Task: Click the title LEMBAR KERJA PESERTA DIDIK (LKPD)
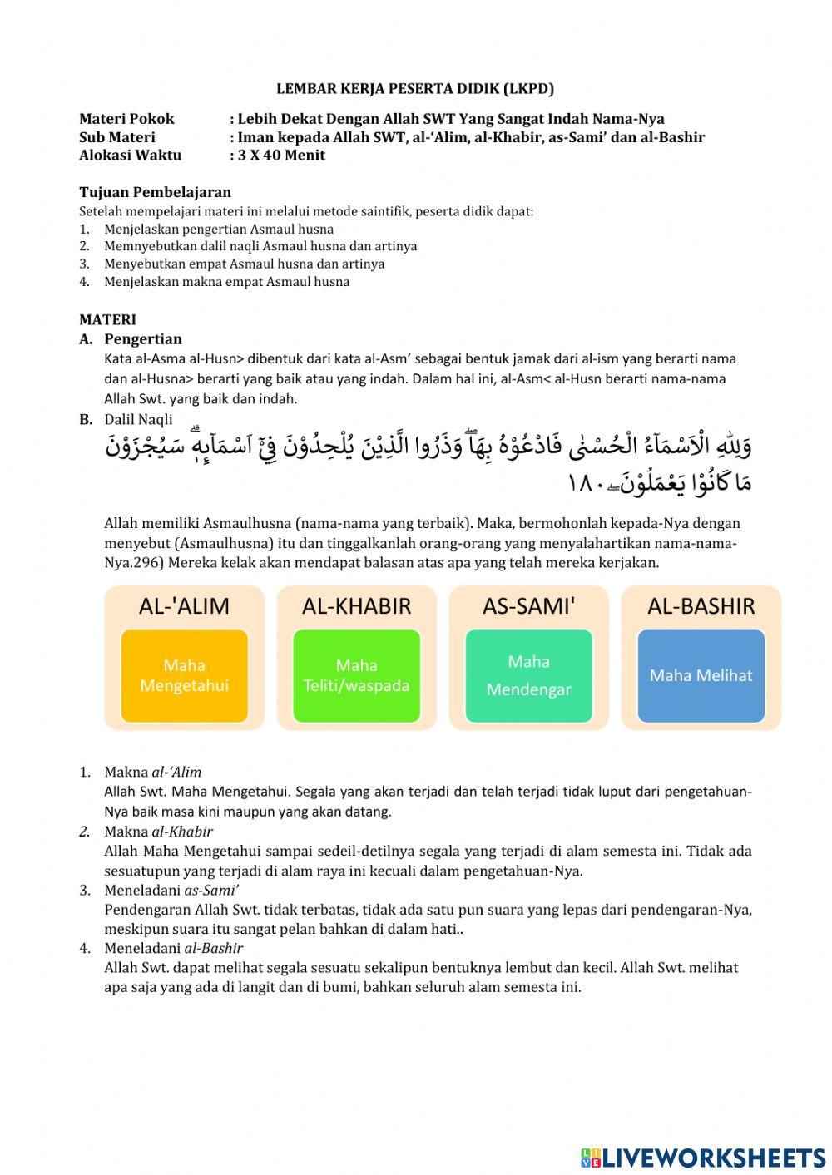[x=414, y=89]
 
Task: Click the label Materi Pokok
[x=126, y=119]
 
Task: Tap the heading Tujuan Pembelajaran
[x=155, y=192]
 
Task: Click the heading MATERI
[x=107, y=319]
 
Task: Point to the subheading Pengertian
[x=142, y=339]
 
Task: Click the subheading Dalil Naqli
[x=138, y=420]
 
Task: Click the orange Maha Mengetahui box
[x=185, y=675]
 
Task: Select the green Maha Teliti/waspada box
[x=356, y=675]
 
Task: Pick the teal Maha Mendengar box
[x=528, y=675]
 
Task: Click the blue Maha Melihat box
[x=701, y=675]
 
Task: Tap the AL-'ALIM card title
[x=185, y=606]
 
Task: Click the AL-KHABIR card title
[x=356, y=606]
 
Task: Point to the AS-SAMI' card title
[x=528, y=606]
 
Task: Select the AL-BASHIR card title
[x=701, y=606]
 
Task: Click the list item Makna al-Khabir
[x=158, y=832]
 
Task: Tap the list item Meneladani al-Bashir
[x=173, y=949]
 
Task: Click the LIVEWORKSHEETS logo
[x=703, y=1157]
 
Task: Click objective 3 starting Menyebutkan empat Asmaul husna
[x=244, y=264]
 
